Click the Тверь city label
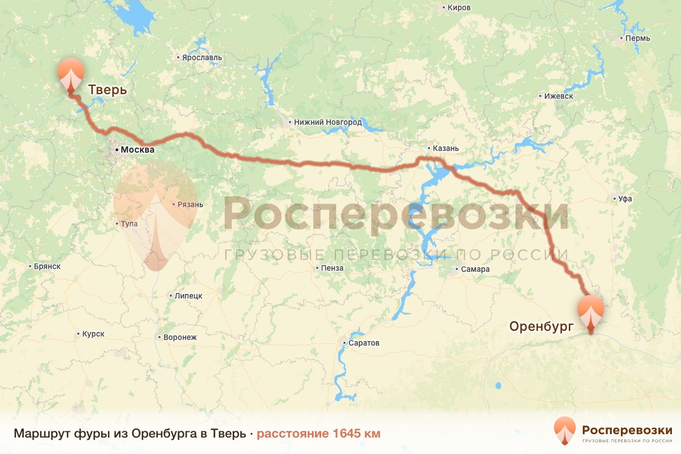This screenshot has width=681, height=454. pyautogui.click(x=107, y=90)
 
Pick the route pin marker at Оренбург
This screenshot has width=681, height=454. pyautogui.click(x=590, y=311)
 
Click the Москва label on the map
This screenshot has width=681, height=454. pyautogui.click(x=137, y=150)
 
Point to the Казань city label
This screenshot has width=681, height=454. pyautogui.click(x=445, y=148)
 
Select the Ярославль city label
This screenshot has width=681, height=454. pyautogui.click(x=201, y=57)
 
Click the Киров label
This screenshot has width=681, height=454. pyautogui.click(x=459, y=8)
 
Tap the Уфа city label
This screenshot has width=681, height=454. pyautogui.click(x=625, y=199)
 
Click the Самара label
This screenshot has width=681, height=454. pyautogui.click(x=475, y=270)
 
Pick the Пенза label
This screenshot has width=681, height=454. pyautogui.click(x=332, y=268)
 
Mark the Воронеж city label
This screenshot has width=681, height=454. pyautogui.click(x=179, y=337)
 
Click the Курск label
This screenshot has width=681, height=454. pyautogui.click(x=93, y=334)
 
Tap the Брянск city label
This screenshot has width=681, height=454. pyautogui.click(x=47, y=266)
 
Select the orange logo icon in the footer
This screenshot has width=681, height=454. pyautogui.click(x=565, y=431)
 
